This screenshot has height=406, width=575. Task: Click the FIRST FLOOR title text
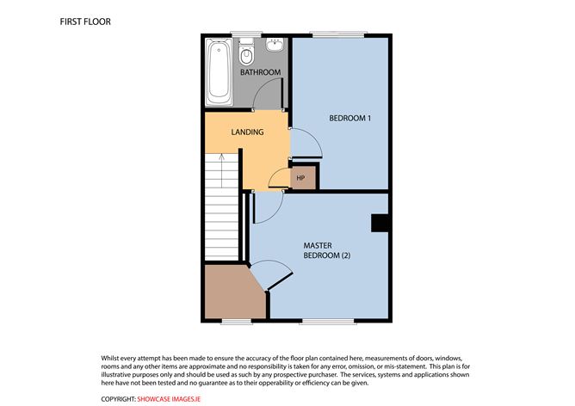click(x=85, y=22)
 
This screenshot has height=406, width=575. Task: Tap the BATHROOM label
click(x=260, y=72)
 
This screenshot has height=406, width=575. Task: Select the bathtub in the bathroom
click(x=219, y=72)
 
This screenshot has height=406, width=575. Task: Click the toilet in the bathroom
click(x=246, y=52)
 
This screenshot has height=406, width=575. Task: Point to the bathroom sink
click(x=275, y=45)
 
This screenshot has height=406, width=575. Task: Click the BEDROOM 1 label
click(x=349, y=118)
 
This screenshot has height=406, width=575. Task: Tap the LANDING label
click(x=247, y=132)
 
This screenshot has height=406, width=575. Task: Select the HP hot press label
click(x=300, y=178)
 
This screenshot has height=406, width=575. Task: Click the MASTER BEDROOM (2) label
click(x=326, y=250)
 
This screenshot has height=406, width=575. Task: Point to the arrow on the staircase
click(x=221, y=170)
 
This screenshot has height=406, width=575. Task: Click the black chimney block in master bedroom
click(x=380, y=223)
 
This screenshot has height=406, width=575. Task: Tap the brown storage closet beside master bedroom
click(x=235, y=292)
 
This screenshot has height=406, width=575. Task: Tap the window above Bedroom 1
click(x=338, y=34)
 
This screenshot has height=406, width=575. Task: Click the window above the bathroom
click(x=246, y=34)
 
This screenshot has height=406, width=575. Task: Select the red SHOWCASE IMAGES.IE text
click(x=169, y=399)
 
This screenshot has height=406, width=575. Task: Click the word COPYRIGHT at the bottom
click(x=118, y=399)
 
